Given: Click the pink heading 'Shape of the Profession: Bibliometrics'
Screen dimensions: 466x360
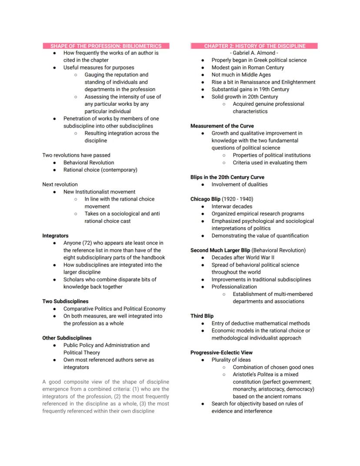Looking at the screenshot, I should pyautogui.click(x=106, y=46).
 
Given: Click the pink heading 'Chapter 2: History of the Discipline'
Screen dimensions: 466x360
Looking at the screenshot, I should pyautogui.click(x=254, y=46).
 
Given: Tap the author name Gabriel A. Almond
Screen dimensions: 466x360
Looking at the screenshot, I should pyautogui.click(x=254, y=53).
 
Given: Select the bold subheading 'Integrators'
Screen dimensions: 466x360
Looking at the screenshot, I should pyautogui.click(x=55, y=235).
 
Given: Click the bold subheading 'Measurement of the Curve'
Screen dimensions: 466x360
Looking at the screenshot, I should pyautogui.click(x=222, y=126).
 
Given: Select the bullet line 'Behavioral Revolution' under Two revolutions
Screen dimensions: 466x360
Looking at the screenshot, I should pyautogui.click(x=89, y=162).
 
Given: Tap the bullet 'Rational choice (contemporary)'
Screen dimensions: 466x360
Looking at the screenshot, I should pyautogui.click(x=100, y=170).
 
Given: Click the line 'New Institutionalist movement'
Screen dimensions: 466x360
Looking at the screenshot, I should pyautogui.click(x=99, y=191).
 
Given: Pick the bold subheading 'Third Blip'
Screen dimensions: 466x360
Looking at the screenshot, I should pyautogui.click(x=202, y=316).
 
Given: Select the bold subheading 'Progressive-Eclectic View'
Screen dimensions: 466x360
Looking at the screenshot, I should pyautogui.click(x=221, y=352).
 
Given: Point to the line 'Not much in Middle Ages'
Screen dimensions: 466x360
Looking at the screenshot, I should pyautogui.click(x=241, y=75).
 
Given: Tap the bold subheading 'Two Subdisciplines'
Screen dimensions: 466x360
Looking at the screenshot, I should pyautogui.click(x=65, y=301).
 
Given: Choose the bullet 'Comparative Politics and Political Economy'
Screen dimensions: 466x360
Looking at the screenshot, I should pyautogui.click(x=114, y=308).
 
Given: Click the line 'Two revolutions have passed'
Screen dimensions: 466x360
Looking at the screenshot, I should pyautogui.click(x=76, y=155).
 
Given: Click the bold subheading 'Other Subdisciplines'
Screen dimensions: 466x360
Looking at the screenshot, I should pyautogui.click(x=67, y=338).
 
